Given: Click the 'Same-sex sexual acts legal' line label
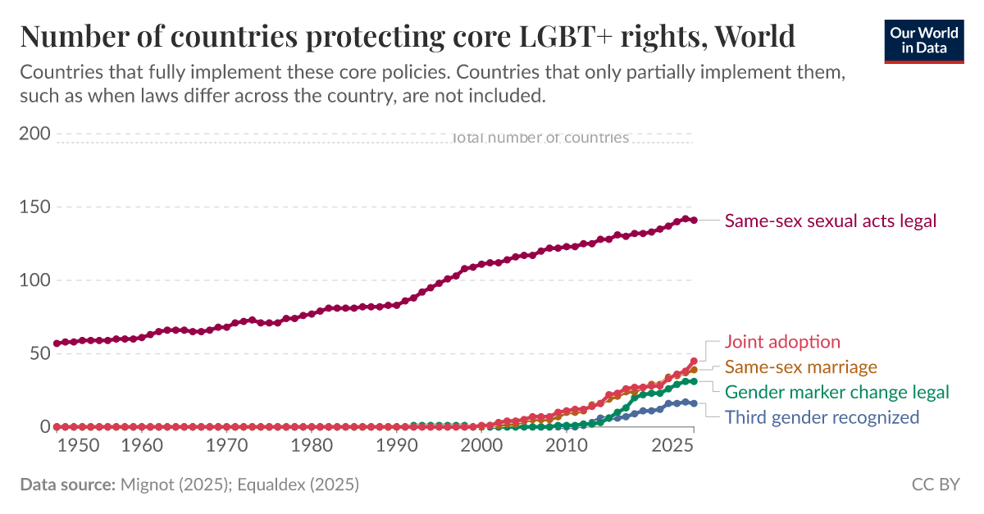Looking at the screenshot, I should pyautogui.click(x=830, y=221).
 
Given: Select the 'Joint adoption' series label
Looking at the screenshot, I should pyautogui.click(x=782, y=342).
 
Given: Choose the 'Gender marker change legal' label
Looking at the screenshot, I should pyautogui.click(x=836, y=392).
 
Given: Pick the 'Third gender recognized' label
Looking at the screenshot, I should pyautogui.click(x=822, y=417).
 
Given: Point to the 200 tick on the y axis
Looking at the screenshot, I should pyautogui.click(x=34, y=134).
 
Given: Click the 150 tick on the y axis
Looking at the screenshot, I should pyautogui.click(x=34, y=207).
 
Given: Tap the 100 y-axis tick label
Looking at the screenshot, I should pyautogui.click(x=34, y=280).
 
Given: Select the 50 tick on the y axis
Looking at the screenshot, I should pyautogui.click(x=39, y=353).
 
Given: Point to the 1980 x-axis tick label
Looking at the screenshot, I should pyautogui.click(x=312, y=445).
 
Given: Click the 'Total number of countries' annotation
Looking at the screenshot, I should pyautogui.click(x=540, y=138).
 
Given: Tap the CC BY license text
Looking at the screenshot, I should pyautogui.click(x=935, y=484).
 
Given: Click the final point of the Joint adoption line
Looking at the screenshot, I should pyautogui.click(x=694, y=362).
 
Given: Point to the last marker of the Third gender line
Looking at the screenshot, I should pyautogui.click(x=694, y=403).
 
